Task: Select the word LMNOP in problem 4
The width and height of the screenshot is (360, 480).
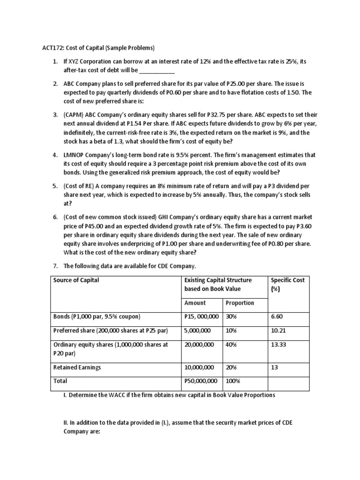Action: pyautogui.click(x=75, y=154)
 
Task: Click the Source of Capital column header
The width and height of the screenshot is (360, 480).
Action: pyautogui.click(x=76, y=280)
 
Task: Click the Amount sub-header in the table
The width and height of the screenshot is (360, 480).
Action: pyautogui.click(x=195, y=303)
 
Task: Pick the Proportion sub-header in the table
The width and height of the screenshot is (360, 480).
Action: pyautogui.click(x=240, y=303)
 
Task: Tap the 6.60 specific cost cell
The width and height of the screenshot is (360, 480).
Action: pyautogui.click(x=277, y=317)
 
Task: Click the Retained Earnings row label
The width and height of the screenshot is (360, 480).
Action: pyautogui.click(x=77, y=367)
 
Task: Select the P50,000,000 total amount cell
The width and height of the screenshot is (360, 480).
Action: pyautogui.click(x=202, y=381)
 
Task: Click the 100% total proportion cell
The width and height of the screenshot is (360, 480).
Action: pyautogui.click(x=233, y=381)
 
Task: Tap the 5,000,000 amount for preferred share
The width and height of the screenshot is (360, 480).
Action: pyautogui.click(x=198, y=331)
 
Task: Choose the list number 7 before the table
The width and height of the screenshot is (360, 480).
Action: pyautogui.click(x=55, y=266)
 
